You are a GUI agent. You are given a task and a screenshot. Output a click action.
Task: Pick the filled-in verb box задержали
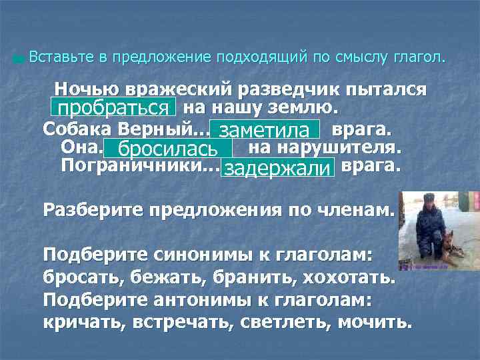pos(278,168)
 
